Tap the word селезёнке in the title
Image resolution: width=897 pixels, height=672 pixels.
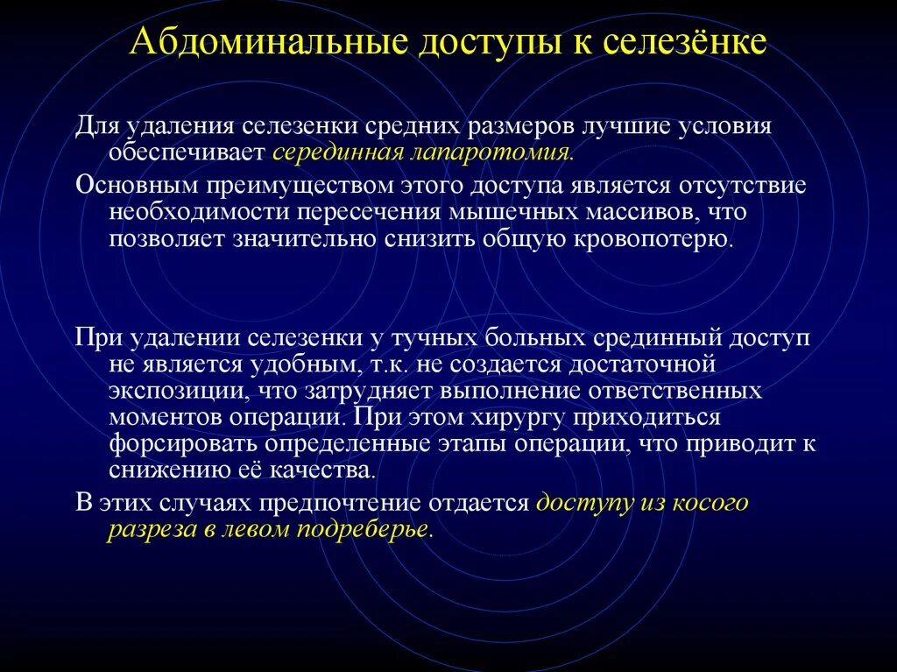[685, 41]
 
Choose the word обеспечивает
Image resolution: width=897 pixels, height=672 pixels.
[187, 152]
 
